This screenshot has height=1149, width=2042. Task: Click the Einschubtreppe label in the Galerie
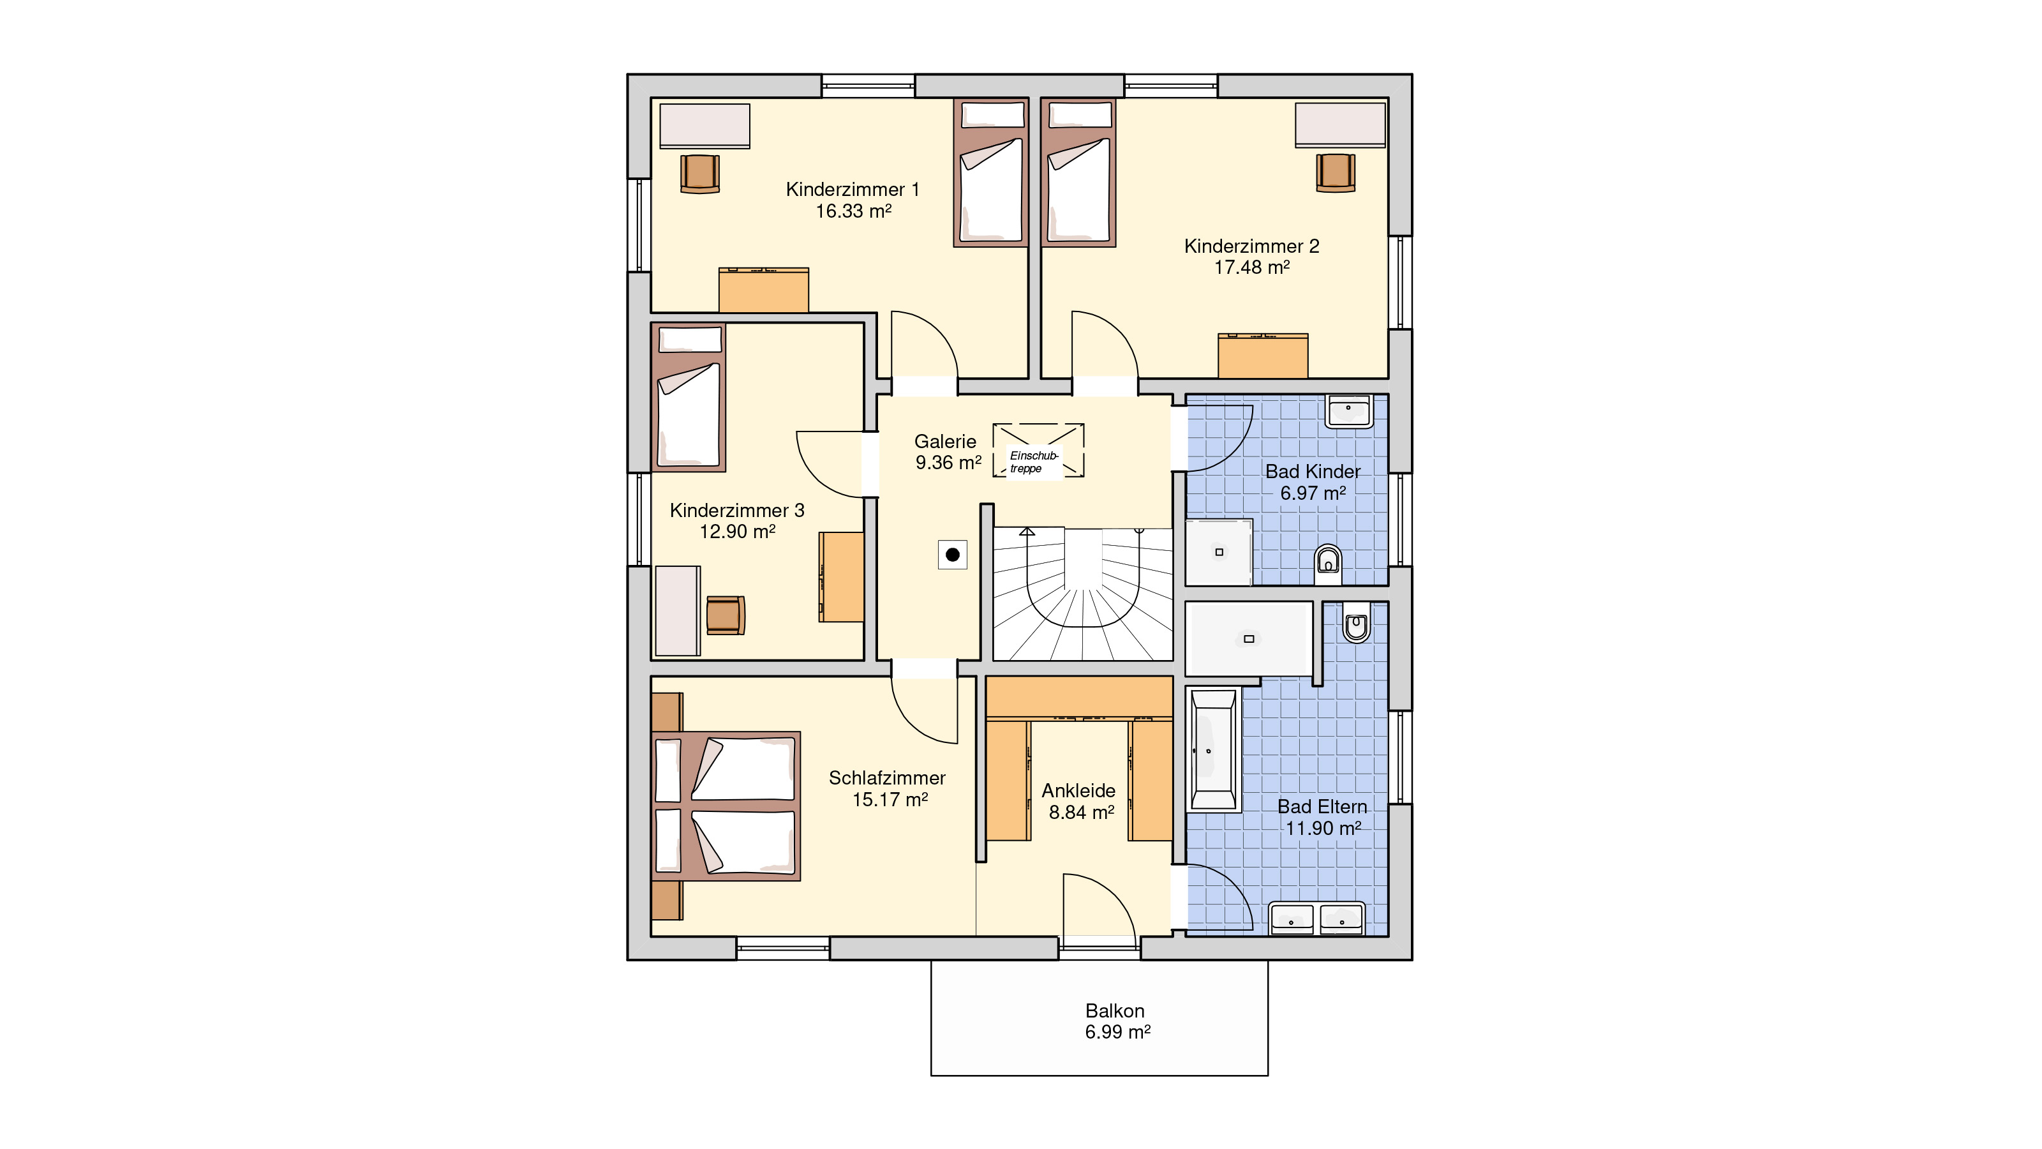point(1034,462)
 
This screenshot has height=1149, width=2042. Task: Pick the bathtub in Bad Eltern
point(1213,749)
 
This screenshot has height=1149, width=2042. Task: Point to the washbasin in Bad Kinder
point(1348,410)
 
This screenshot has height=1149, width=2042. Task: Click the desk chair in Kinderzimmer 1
point(700,174)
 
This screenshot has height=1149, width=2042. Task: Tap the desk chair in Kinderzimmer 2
point(1336,172)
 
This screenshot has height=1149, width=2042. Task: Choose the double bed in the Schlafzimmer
point(726,806)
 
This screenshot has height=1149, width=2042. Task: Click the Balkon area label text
point(1115,1011)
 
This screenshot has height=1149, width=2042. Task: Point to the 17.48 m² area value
point(1251,268)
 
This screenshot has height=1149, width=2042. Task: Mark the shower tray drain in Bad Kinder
point(1219,552)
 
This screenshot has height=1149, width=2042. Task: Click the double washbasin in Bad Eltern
point(1316,919)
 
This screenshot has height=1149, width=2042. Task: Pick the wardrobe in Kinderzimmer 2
point(1263,356)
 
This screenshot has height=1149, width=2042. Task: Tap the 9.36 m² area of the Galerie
point(949,462)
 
